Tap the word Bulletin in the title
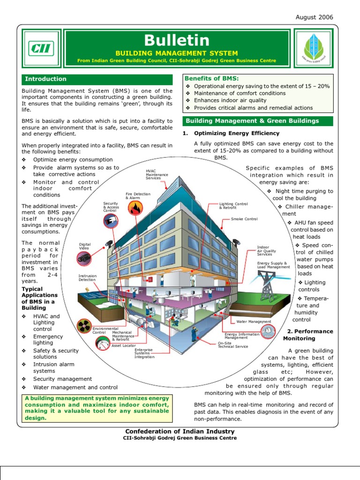pyautogui.click(x=176, y=41)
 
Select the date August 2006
pyautogui.click(x=314, y=17)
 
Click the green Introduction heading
pyautogui.click(x=45, y=79)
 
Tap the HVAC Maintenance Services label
pyautogui.click(x=157, y=175)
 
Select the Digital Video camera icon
pyautogui.click(x=84, y=257)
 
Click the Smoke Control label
pyautogui.click(x=244, y=219)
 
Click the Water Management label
pyautogui.click(x=254, y=322)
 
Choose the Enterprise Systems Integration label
pyautogui.click(x=144, y=353)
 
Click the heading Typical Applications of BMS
pyautogui.click(x=39, y=299)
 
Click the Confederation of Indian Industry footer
pyautogui.click(x=180, y=431)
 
